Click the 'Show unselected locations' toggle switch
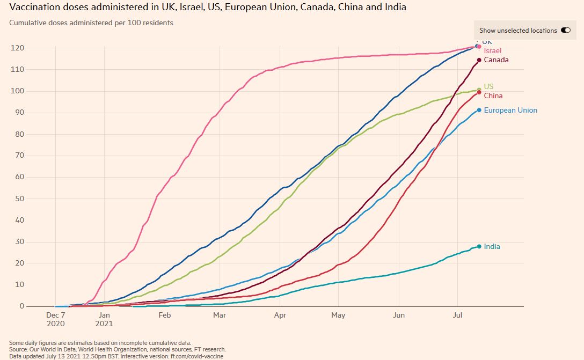[565, 31]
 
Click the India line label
[492, 247]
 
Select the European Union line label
[510, 111]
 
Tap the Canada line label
[496, 60]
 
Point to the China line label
[493, 96]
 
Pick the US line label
[488, 86]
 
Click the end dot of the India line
[479, 246]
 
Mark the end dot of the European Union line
[479, 111]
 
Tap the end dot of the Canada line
[479, 60]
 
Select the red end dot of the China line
[479, 92]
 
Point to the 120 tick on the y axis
[18, 48]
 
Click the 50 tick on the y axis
[20, 199]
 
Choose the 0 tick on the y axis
[22, 306]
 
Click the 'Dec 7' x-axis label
[55, 315]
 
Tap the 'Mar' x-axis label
[219, 315]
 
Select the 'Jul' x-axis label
[457, 315]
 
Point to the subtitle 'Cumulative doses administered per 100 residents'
[91, 23]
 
